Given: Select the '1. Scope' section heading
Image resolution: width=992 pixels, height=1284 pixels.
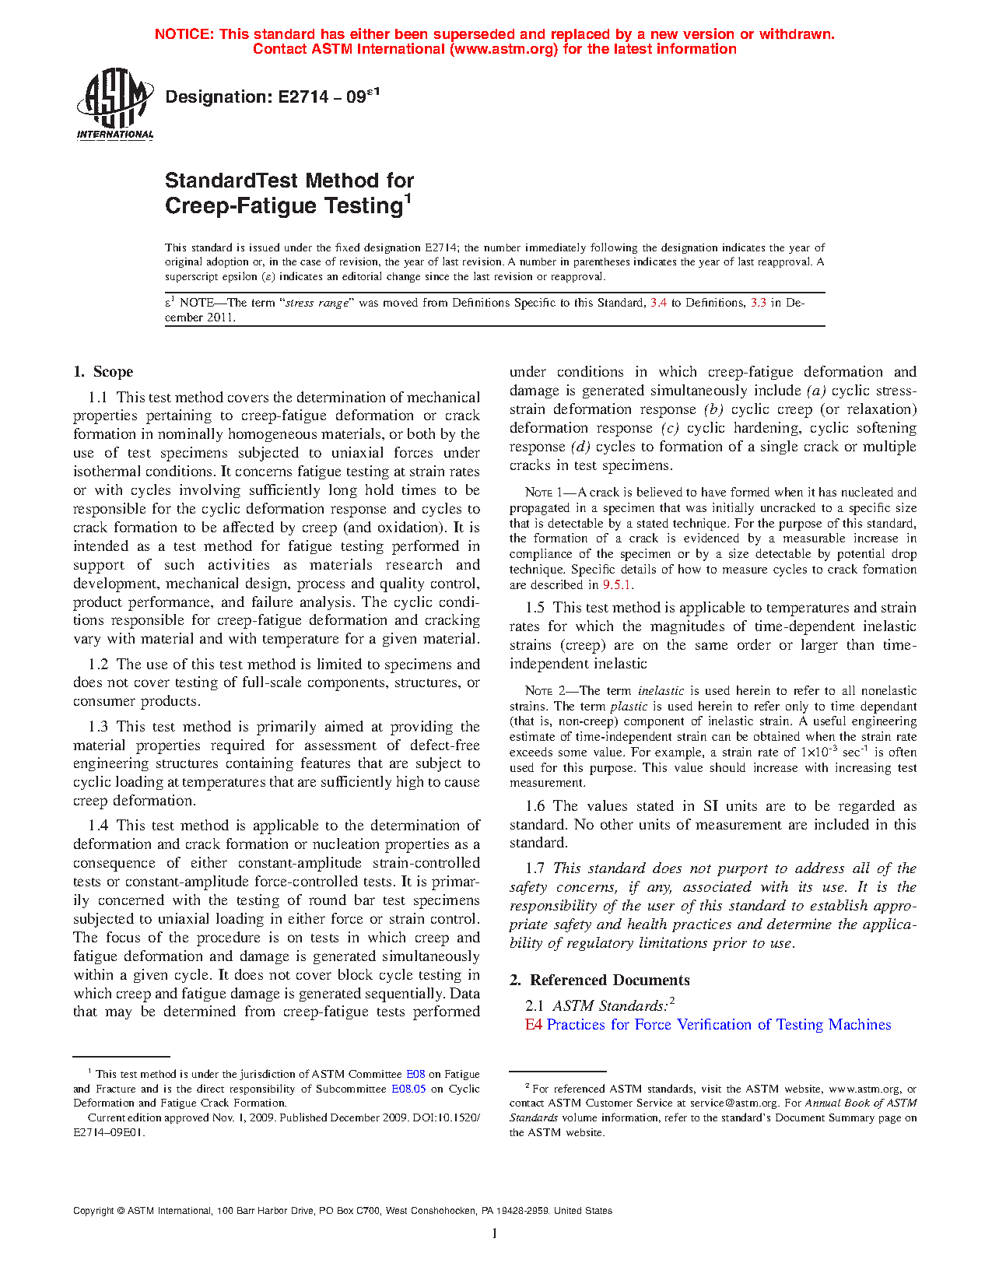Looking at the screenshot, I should point(103,372).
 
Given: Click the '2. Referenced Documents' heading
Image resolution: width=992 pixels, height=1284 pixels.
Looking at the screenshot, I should point(600,981).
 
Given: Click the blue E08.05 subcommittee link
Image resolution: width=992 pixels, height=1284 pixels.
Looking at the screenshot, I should point(408,1089).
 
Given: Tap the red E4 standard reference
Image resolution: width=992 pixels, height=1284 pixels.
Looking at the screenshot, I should point(533,1025).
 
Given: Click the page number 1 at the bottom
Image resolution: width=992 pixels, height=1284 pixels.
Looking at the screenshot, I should point(495,1233).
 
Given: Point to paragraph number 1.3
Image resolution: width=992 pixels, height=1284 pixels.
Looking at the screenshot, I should point(98,727).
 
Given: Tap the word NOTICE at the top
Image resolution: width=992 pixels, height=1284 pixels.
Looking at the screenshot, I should point(184,34).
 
